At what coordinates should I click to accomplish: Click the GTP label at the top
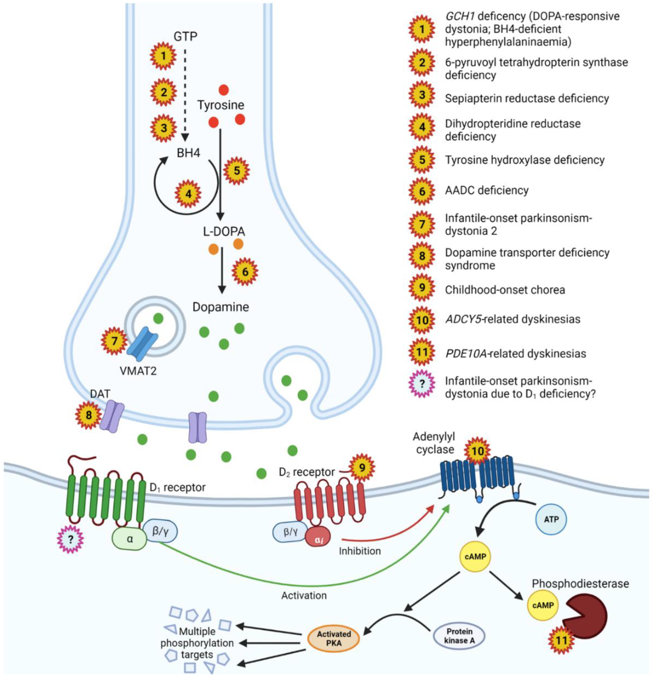coord(185,36)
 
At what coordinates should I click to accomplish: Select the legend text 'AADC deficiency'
coord(487,190)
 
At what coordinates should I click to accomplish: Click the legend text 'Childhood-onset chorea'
coord(505,290)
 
